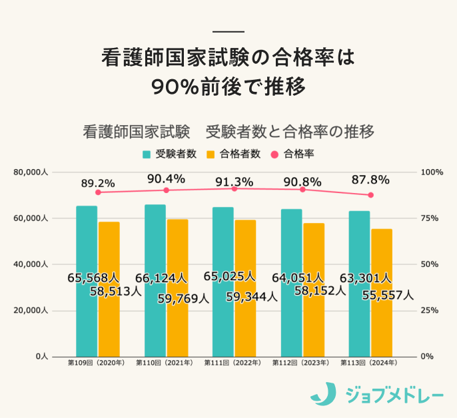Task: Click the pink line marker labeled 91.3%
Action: (x=234, y=189)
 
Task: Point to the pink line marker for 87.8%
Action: (x=371, y=195)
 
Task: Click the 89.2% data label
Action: (x=98, y=182)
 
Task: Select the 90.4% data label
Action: (x=166, y=178)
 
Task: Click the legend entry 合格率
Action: (x=293, y=154)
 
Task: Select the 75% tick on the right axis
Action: (x=432, y=218)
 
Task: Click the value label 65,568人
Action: (x=93, y=277)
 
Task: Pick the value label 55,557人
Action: (x=388, y=294)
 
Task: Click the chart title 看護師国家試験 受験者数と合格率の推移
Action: (x=228, y=131)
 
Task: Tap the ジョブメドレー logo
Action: (x=377, y=395)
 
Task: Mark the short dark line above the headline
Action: (x=228, y=32)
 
